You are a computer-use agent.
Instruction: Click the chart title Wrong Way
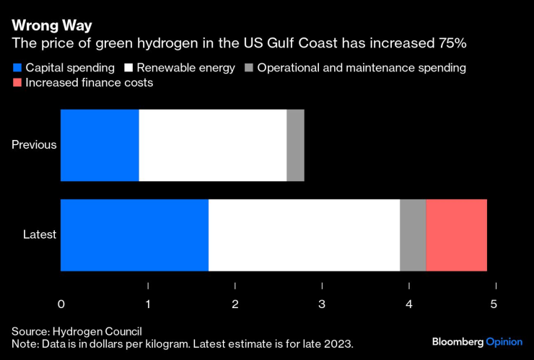coord(51,25)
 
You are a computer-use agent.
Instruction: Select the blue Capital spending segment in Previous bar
coord(100,145)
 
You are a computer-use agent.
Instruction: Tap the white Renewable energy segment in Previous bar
coord(212,145)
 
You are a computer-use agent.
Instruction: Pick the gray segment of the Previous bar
coord(295,145)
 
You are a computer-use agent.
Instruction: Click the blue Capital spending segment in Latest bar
coord(134,234)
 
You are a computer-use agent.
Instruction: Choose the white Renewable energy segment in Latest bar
coord(304,234)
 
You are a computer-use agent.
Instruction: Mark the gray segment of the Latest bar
coord(413,234)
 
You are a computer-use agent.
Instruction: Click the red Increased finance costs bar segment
coord(456,234)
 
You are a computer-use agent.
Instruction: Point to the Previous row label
coord(34,145)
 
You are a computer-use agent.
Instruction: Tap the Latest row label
coord(40,234)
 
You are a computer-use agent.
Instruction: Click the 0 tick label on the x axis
coord(61,304)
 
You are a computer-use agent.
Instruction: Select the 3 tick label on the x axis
coord(322,304)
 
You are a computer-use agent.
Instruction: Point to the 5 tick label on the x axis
coord(494,304)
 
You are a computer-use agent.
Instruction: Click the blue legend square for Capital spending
coord(17,68)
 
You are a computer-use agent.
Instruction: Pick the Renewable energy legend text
coord(186,68)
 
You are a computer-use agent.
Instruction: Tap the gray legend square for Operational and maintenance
coord(248,68)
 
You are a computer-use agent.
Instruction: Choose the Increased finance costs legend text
coord(89,83)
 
